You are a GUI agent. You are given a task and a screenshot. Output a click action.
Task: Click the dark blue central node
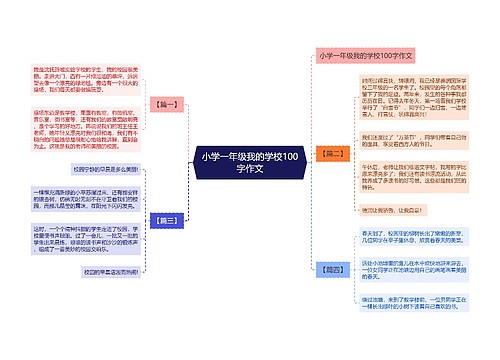(249, 162)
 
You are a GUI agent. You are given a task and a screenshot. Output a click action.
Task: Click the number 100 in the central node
(284, 156)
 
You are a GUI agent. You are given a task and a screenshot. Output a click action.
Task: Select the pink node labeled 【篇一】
(165, 104)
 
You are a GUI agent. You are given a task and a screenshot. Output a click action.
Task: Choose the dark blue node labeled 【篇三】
(165, 219)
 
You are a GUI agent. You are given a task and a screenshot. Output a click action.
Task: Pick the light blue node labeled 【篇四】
(333, 269)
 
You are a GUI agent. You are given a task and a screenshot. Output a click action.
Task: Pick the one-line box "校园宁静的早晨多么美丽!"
(104, 169)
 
